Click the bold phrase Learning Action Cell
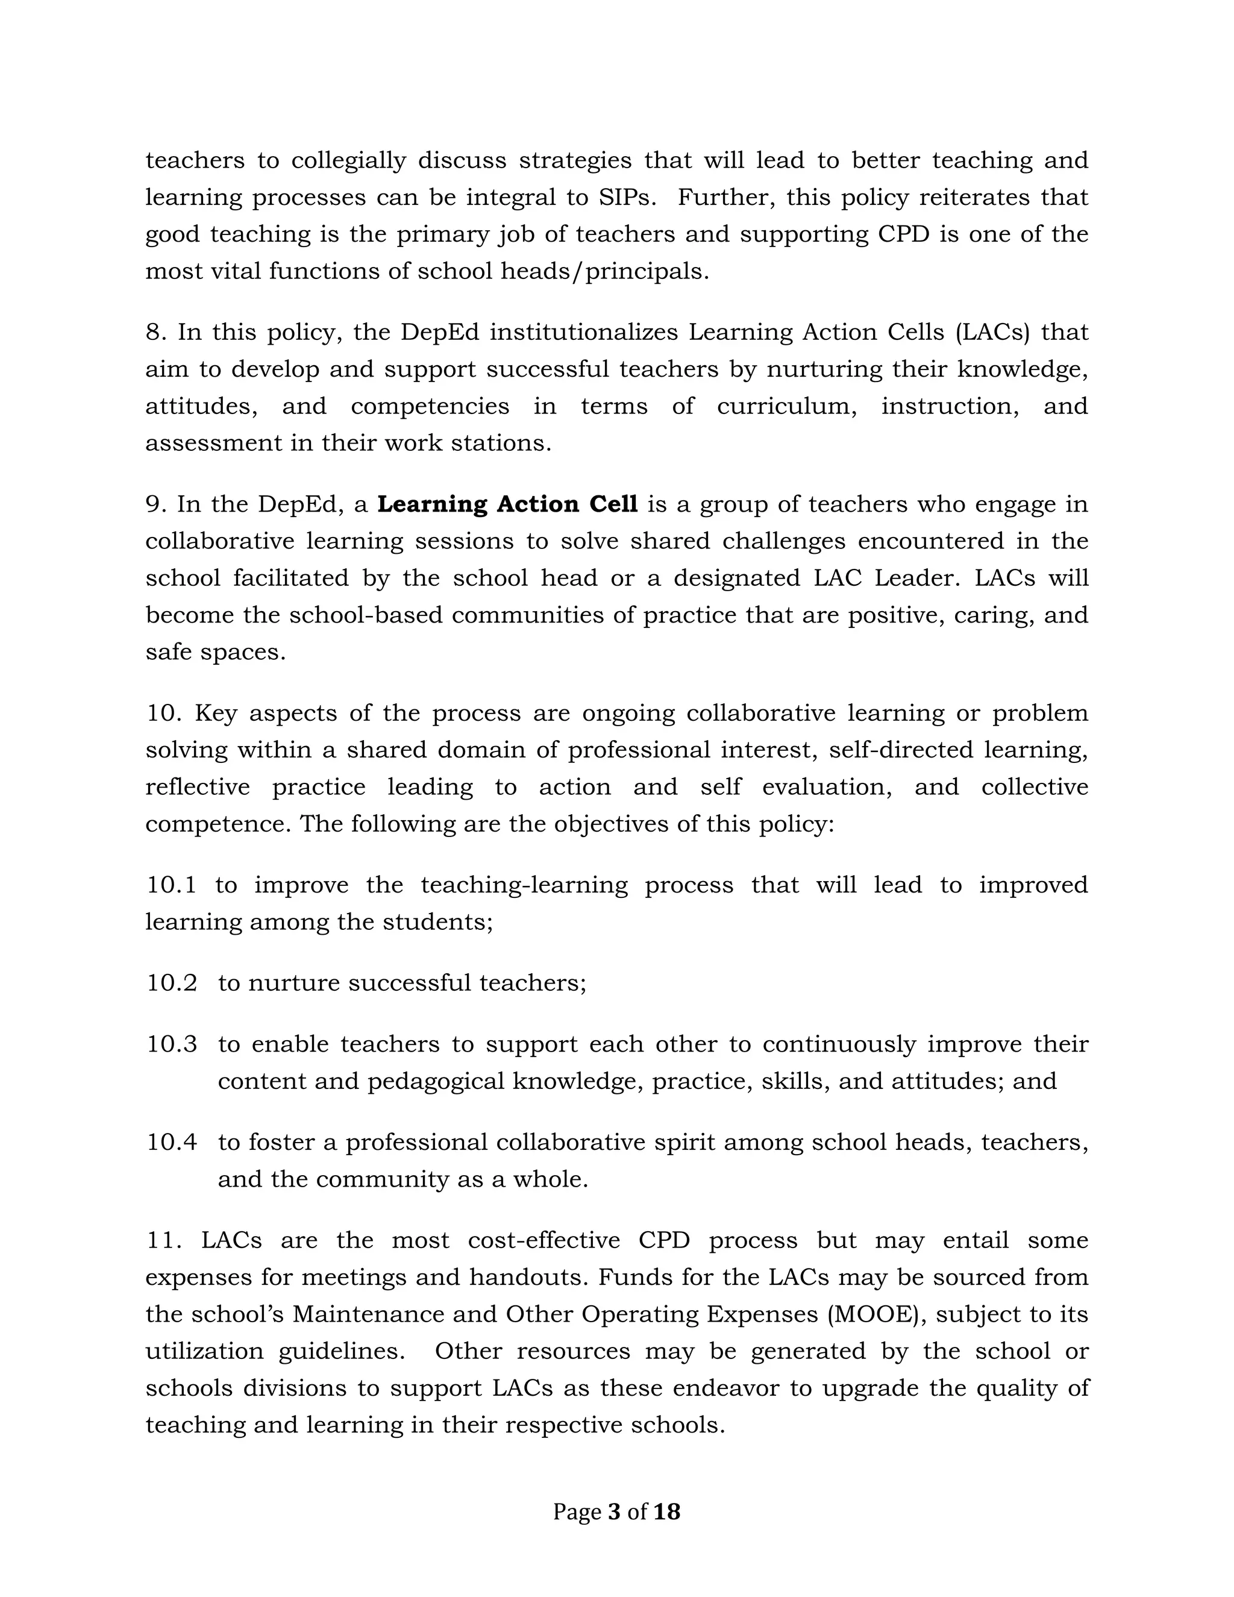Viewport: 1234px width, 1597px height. click(507, 504)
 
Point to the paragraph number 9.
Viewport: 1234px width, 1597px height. click(157, 504)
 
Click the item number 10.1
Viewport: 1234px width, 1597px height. click(172, 885)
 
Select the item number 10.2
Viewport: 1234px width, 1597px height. click(172, 983)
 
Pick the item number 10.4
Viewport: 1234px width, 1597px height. click(172, 1142)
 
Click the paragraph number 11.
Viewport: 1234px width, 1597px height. click(164, 1240)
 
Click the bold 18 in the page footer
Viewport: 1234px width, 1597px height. click(667, 1511)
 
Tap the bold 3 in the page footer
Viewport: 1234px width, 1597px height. click(613, 1511)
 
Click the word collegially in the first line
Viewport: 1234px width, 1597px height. click(349, 161)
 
